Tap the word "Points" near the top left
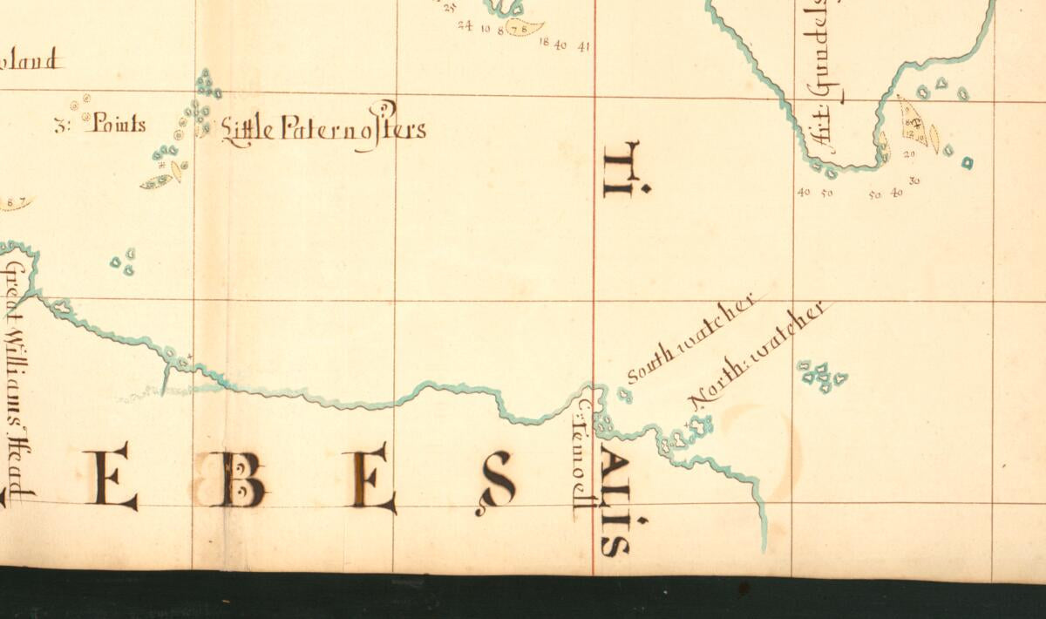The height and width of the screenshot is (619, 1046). pyautogui.click(x=114, y=124)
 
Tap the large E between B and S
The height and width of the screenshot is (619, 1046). pyautogui.click(x=370, y=478)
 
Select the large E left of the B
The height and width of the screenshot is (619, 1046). pyautogui.click(x=111, y=475)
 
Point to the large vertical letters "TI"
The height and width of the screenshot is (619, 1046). pyautogui.click(x=624, y=169)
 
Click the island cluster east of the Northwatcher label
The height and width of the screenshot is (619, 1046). pyautogui.click(x=821, y=376)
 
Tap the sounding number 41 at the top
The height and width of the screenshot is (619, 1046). pyautogui.click(x=583, y=47)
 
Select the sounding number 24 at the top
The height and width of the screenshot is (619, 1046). pyautogui.click(x=465, y=26)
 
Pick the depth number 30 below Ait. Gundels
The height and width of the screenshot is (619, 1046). pyautogui.click(x=914, y=181)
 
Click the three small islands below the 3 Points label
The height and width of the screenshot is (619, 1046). pyautogui.click(x=123, y=261)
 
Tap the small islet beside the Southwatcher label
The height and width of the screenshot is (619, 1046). pyautogui.click(x=624, y=395)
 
